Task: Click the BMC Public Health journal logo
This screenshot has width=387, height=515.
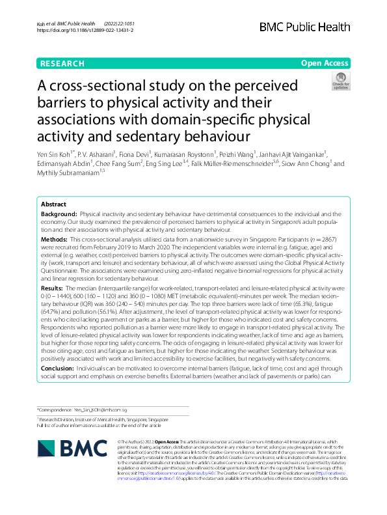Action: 304,25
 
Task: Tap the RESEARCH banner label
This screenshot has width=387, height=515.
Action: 62,63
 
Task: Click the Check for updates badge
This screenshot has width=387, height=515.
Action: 340,83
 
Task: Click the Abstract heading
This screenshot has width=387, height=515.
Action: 54,204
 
